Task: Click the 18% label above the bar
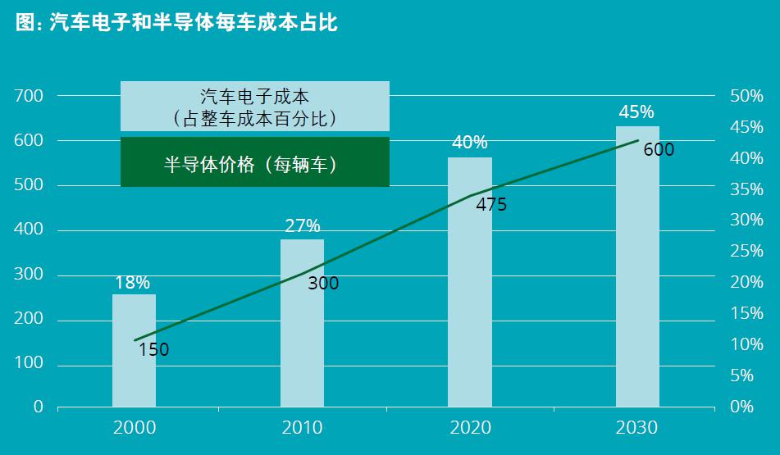point(132,283)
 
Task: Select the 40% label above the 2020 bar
point(470,143)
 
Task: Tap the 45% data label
point(636,111)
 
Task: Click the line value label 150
point(153,350)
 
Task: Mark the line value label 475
point(491,205)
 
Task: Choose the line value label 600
point(659,150)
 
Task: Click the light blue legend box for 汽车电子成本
point(254,107)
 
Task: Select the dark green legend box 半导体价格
point(254,162)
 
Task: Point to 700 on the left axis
point(29,97)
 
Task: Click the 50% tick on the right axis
point(746,97)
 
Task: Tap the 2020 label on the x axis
point(470,428)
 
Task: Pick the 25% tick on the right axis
point(746,252)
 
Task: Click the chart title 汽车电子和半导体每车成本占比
point(176,23)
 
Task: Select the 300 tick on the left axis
point(29,275)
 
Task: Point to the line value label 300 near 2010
point(322,284)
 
